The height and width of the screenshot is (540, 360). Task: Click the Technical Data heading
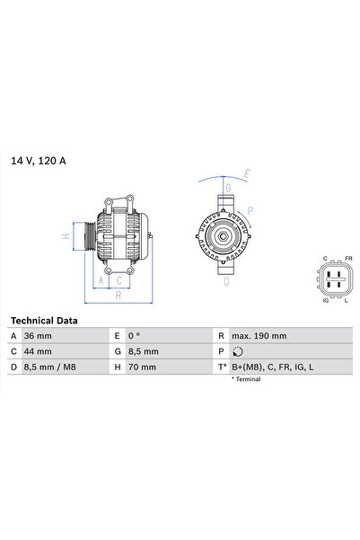44,320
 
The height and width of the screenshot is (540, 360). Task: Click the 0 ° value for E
136,335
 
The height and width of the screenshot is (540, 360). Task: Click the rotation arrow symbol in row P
236,351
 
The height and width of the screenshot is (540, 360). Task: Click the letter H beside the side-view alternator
64,237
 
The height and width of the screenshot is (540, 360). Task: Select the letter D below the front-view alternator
226,280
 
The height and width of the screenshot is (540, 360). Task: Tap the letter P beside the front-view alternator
250,212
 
